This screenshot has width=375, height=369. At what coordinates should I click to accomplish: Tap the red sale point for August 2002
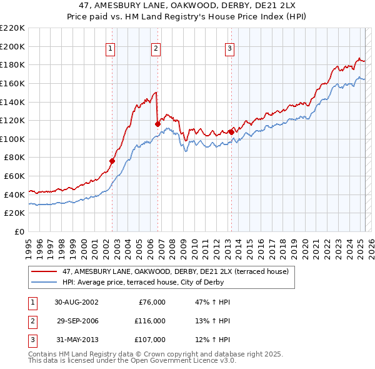[x=112, y=161]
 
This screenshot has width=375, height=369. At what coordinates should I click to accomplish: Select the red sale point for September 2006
[x=157, y=124]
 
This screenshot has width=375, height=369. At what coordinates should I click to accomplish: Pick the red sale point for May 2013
[x=231, y=132]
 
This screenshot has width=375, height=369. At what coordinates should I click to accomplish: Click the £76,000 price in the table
[x=151, y=302]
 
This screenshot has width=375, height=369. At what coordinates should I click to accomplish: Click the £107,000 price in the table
[x=151, y=340]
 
